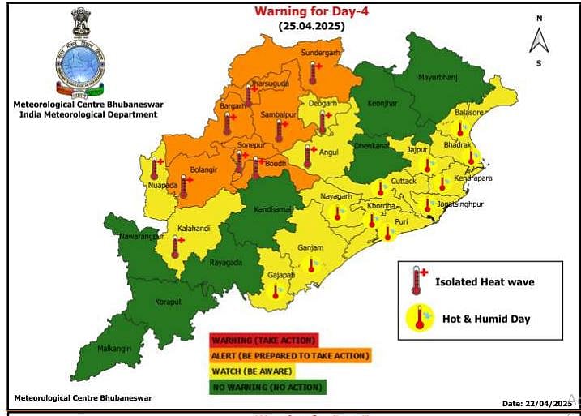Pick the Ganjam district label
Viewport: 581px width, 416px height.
(x=311, y=248)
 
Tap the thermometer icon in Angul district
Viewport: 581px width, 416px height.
(x=309, y=154)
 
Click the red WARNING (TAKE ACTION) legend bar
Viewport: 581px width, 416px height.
(x=263, y=340)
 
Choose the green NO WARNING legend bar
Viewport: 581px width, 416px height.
(x=267, y=388)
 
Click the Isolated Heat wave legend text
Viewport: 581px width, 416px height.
(x=485, y=282)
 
